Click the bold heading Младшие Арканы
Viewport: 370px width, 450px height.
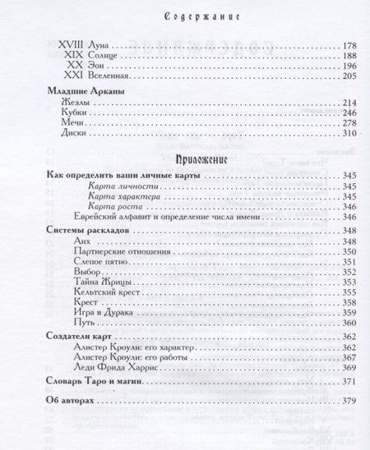81,108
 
